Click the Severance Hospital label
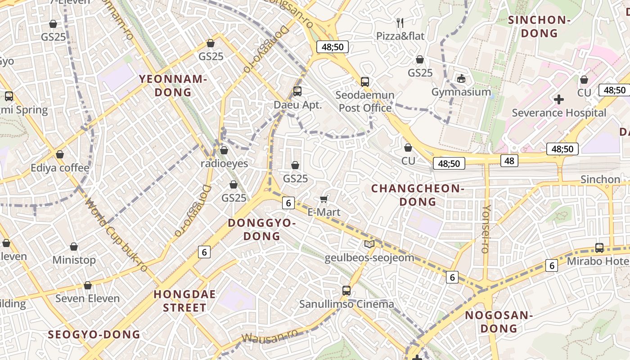pyautogui.click(x=559, y=112)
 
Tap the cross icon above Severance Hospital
pyautogui.click(x=559, y=99)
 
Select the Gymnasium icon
pyautogui.click(x=461, y=79)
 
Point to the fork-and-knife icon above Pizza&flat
pyautogui.click(x=400, y=22)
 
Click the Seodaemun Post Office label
pyautogui.click(x=365, y=102)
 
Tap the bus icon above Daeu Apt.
pyautogui.click(x=297, y=91)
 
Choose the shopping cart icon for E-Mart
pyautogui.click(x=324, y=199)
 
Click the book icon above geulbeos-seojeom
pyautogui.click(x=369, y=244)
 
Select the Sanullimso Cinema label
pyautogui.click(x=346, y=304)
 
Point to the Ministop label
pyautogui.click(x=74, y=260)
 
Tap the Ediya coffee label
pyautogui.click(x=60, y=168)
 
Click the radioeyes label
pyautogui.click(x=224, y=163)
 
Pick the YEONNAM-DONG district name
pyautogui.click(x=173, y=85)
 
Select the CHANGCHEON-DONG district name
pyautogui.click(x=418, y=195)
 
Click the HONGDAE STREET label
pyautogui.click(x=184, y=301)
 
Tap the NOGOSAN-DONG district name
pyautogui.click(x=499, y=321)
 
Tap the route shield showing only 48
pyautogui.click(x=509, y=161)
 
